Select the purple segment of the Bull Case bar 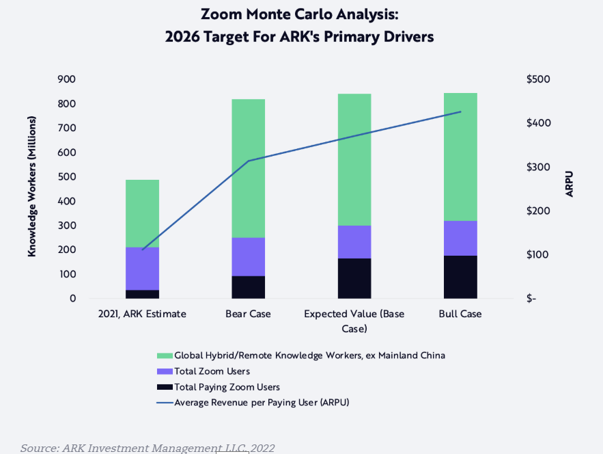pos(460,238)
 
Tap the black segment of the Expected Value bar pos(354,278)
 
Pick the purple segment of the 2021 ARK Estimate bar pos(142,268)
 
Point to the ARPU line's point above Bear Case pos(249,161)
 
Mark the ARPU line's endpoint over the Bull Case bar pos(460,112)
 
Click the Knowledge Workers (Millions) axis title pos(32,186)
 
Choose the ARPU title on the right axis pos(570,185)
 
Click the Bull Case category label pos(460,314)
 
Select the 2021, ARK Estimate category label pos(142,314)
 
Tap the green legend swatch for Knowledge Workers pos(165,356)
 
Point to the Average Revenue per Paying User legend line pos(165,403)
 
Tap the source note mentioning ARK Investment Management pos(148,448)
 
